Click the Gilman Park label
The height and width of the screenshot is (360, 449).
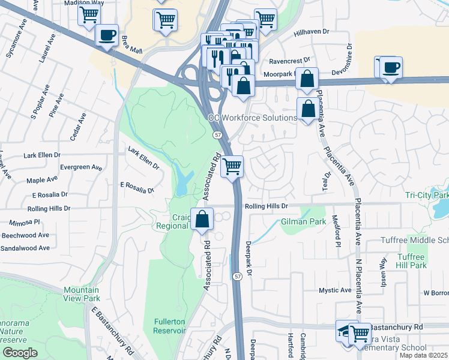303,222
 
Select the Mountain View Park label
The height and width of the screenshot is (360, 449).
82,294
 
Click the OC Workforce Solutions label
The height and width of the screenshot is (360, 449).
253,118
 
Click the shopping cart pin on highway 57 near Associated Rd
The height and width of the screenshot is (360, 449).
232,166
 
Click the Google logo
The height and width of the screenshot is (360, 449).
20,353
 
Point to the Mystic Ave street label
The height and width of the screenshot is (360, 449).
335,290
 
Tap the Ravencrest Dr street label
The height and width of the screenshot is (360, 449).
289,61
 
